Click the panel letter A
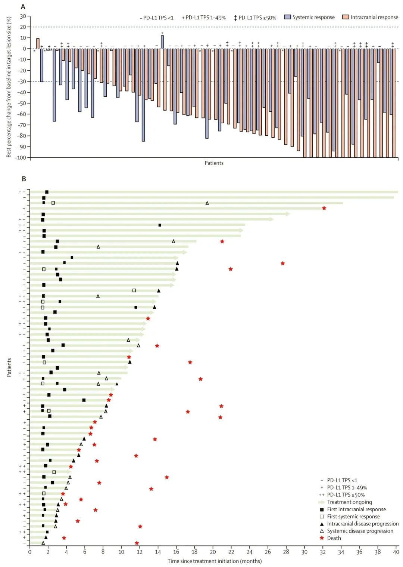click(x=24, y=7)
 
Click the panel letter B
click(x=24, y=179)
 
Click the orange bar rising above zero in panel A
click(x=38, y=43)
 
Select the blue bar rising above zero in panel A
click(x=162, y=42)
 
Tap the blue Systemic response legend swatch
click(x=287, y=17)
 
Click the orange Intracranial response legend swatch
click(x=346, y=17)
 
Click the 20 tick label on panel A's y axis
click(x=23, y=27)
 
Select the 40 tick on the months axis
click(x=396, y=552)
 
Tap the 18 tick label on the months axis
click(x=194, y=552)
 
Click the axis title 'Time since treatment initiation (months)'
click(x=215, y=561)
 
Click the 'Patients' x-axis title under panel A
click(x=214, y=163)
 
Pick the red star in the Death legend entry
click(x=322, y=538)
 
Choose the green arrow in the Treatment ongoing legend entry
click(x=322, y=502)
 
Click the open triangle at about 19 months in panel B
click(x=207, y=203)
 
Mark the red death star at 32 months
click(x=324, y=208)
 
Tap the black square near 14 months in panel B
click(x=160, y=225)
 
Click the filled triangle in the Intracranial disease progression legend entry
click(x=322, y=524)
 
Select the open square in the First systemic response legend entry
click(x=322, y=516)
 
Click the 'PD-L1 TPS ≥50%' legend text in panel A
click(x=257, y=18)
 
